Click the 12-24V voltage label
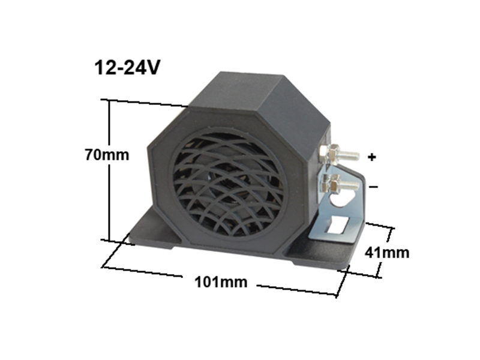pyautogui.click(x=127, y=68)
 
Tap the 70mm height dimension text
pyautogui.click(x=107, y=155)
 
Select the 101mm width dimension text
pyautogui.click(x=221, y=282)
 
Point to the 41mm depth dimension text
pyautogui.click(x=387, y=253)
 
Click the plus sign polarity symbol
pyautogui.click(x=371, y=157)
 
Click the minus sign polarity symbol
pyautogui.click(x=373, y=187)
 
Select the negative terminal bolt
pyautogui.click(x=338, y=184)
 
